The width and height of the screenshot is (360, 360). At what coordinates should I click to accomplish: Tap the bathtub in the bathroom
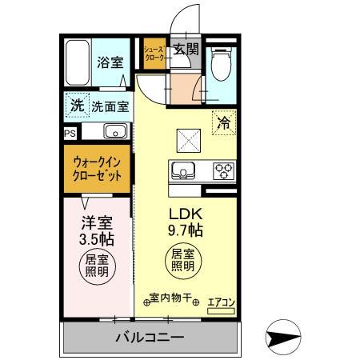point(78,62)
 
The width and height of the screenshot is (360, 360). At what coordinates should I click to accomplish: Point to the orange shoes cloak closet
point(154,54)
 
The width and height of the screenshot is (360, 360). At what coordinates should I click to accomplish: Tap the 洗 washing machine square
point(76,104)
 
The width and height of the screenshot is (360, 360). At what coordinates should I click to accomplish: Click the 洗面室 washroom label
point(107,105)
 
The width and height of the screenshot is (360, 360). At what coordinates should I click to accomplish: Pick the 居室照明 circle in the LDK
point(184,261)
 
